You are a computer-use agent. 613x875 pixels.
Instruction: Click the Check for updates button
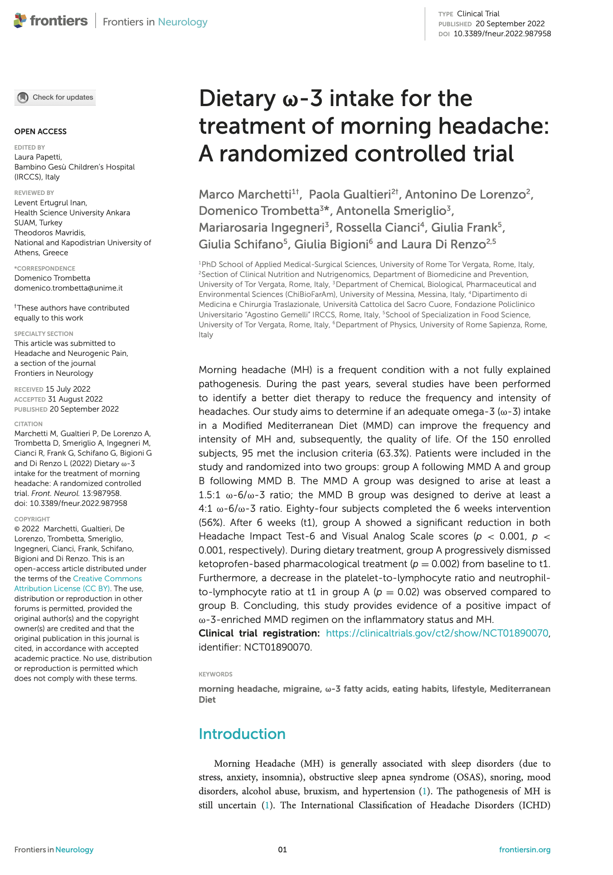pos(55,97)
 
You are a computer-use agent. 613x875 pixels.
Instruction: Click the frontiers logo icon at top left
pos(20,21)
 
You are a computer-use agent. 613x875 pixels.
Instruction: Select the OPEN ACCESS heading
pos(40,131)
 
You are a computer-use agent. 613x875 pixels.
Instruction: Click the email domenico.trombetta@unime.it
pos(68,288)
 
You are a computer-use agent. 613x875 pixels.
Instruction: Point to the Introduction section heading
pos(242,734)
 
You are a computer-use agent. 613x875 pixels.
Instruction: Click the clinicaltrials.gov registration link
pos(437,633)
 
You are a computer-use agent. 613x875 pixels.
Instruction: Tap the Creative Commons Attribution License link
pos(78,583)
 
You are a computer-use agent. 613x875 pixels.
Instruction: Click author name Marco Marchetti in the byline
pos(245,194)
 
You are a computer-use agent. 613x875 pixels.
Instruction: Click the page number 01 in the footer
pos(282,850)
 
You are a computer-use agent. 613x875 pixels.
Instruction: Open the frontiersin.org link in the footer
pos(525,850)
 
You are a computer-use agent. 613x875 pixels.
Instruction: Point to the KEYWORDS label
pos(215,674)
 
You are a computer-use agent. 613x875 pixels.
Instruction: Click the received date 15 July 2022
pos(68,389)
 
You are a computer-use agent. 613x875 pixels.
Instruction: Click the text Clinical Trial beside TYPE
pos(478,14)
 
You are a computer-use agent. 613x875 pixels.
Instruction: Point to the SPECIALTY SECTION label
pos(44,334)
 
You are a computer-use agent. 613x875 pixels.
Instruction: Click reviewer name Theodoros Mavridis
pos(50,233)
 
